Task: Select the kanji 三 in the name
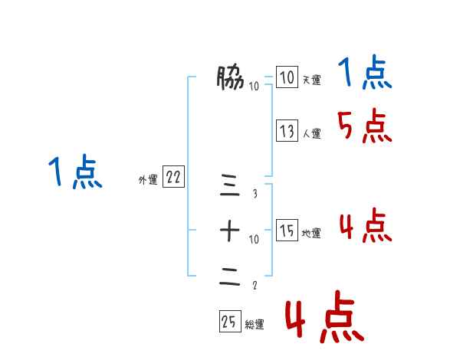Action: pos(230,184)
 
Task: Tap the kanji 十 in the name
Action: pos(230,230)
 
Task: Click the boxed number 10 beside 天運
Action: pos(286,77)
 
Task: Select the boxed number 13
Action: pos(286,131)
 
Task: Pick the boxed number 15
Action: pos(286,231)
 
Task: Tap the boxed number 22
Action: pos(172,178)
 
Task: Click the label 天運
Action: pos(311,80)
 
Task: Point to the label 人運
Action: pos(311,133)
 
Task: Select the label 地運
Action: pos(311,233)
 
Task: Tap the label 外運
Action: pos(148,180)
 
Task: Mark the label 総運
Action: pos(255,325)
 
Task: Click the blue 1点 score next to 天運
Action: pos(365,74)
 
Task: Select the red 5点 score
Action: pos(365,126)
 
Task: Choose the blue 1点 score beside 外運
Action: pos(74,172)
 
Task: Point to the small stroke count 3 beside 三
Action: pos(255,193)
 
